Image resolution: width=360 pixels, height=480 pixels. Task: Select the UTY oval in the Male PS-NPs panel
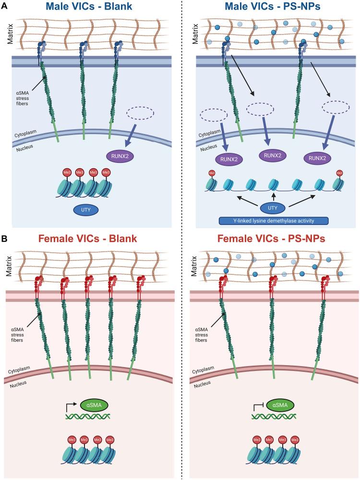273,208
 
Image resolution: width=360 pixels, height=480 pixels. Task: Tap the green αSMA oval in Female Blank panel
95,406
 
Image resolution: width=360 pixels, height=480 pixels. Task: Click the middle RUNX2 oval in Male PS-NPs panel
272,155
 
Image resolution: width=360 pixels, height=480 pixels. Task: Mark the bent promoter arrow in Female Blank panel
71,406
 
